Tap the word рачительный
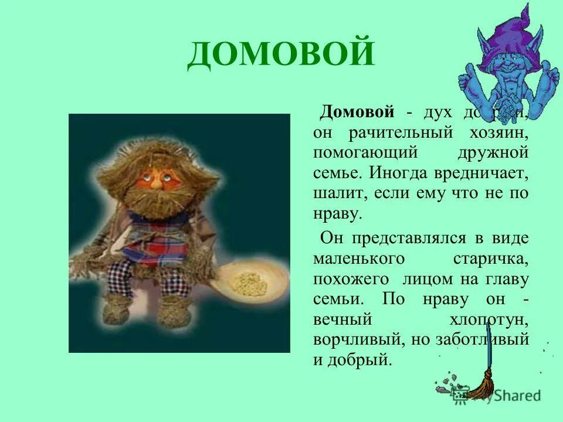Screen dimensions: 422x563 [x=399, y=132]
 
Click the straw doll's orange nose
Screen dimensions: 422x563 [x=157, y=183]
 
